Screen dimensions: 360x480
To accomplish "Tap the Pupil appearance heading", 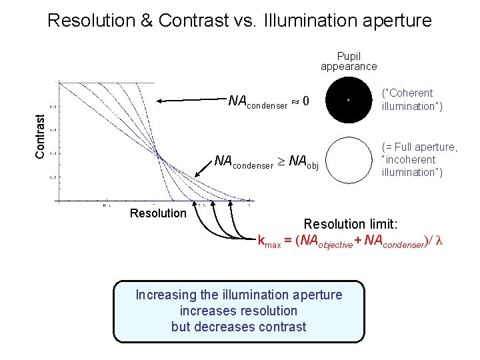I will click(348, 61).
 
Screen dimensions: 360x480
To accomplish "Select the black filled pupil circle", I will click(347, 100).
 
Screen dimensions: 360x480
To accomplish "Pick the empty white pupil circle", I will click(347, 160).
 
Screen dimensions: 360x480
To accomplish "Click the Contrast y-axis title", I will click(41, 136).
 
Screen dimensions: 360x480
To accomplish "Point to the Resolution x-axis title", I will click(158, 213).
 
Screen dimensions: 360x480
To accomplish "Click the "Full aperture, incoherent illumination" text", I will click(419, 159).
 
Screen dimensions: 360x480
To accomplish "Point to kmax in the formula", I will click(269, 241).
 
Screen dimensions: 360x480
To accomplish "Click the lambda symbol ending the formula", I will click(439, 241).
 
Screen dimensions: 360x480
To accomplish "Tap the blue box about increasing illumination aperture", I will click(239, 311).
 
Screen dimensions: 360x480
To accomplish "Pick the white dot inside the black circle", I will click(347, 100).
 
